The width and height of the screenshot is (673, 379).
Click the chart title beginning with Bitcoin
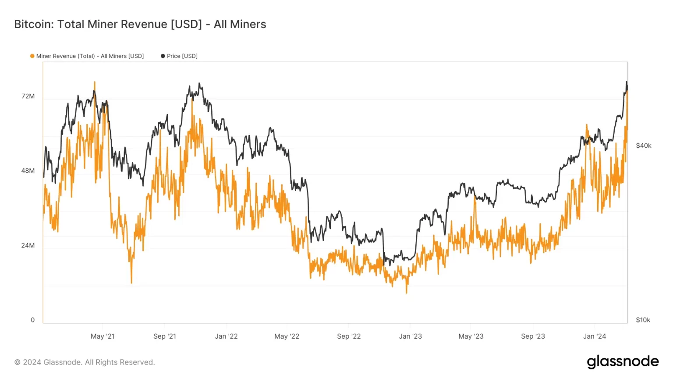click(140, 24)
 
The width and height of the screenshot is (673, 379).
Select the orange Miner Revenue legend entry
click(87, 56)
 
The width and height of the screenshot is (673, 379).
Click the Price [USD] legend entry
click(179, 56)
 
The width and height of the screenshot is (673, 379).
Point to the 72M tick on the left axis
click(28, 96)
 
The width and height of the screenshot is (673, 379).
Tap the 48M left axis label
click(28, 171)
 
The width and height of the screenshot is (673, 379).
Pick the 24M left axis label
click(28, 245)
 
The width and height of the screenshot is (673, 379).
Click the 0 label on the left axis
click(32, 320)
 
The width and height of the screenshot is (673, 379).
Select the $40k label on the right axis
click(644, 146)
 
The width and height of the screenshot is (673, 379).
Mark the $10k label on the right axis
click(643, 320)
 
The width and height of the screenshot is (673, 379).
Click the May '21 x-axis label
click(103, 336)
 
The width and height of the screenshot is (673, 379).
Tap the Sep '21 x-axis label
click(165, 336)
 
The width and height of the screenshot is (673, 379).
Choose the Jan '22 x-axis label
click(226, 336)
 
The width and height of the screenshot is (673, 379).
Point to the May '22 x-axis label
click(287, 336)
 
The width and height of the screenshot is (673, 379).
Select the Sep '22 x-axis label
click(349, 336)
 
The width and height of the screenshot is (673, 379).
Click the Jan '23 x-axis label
click(410, 336)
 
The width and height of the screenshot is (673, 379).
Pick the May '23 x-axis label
click(471, 336)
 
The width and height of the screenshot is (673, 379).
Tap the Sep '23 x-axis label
click(533, 336)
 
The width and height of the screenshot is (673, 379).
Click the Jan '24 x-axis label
click(595, 336)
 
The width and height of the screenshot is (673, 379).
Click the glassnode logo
click(623, 361)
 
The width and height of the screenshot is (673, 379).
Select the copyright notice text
click(85, 362)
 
